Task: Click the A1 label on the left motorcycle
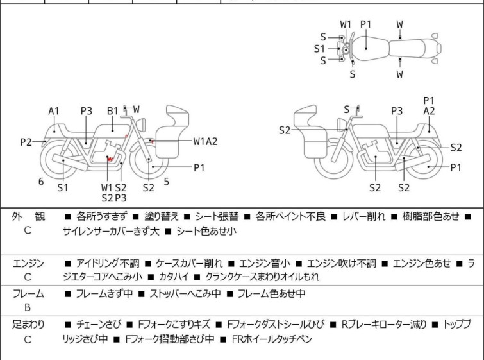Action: pos(54,111)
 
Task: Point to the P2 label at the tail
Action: pos(25,142)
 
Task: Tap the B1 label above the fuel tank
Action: pos(113,111)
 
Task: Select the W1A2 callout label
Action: pos(206,141)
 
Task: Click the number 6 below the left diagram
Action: pos(41,182)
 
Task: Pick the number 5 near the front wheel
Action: pos(166,182)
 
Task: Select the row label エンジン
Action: pos(28,263)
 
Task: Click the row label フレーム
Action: pos(28,294)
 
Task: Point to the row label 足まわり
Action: pos(28,325)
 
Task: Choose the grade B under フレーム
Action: pos(28,307)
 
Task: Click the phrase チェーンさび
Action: pos(97,325)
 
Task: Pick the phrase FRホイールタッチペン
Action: pos(272,339)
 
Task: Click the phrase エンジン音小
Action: pos(264,263)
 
